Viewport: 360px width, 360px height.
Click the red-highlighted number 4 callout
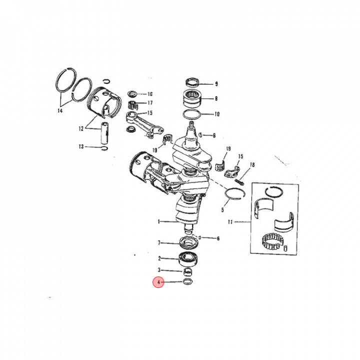click(x=158, y=282)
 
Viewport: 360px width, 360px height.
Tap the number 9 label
click(x=216, y=84)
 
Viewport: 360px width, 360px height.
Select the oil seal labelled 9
click(x=192, y=82)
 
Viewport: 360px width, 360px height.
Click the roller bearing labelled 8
click(x=192, y=98)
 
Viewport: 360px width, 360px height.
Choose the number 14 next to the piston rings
click(x=60, y=111)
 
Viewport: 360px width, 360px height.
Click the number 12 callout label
click(x=80, y=128)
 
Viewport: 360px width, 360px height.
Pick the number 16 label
click(x=149, y=94)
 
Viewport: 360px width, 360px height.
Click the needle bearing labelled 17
click(x=133, y=104)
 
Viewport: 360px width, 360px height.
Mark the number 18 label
click(x=252, y=164)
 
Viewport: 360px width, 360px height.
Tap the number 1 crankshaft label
click(x=159, y=221)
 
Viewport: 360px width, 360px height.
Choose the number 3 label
click(x=159, y=270)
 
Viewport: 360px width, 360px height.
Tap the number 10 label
click(x=216, y=114)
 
